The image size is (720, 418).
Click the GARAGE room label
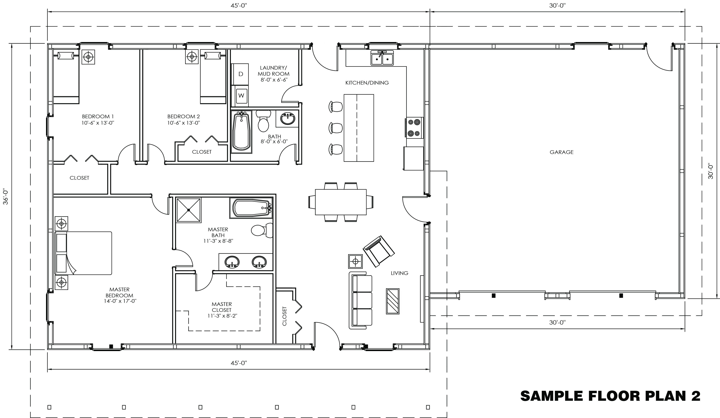click(x=561, y=152)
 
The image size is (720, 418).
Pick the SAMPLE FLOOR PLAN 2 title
click(x=610, y=396)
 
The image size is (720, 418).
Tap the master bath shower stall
click(x=189, y=210)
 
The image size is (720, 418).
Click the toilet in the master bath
click(x=262, y=230)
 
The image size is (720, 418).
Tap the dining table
click(x=341, y=202)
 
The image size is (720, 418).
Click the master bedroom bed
click(x=83, y=253)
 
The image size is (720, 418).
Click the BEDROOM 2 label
click(x=183, y=116)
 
